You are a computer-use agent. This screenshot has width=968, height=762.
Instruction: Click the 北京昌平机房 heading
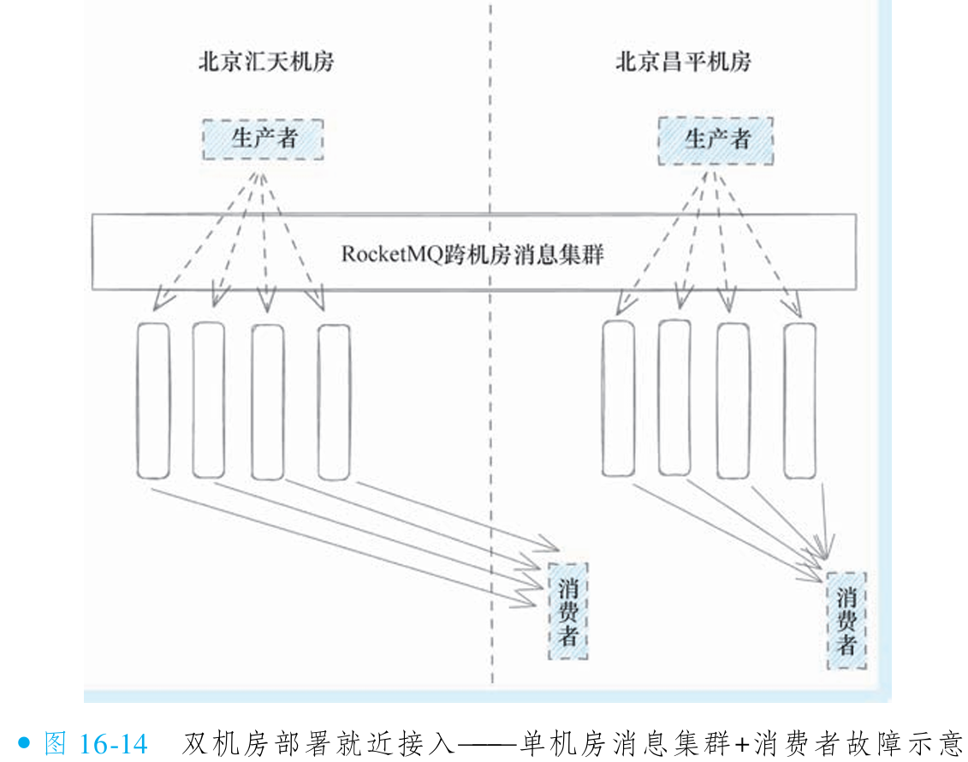(683, 63)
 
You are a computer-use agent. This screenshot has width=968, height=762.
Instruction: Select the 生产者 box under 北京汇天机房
(263, 139)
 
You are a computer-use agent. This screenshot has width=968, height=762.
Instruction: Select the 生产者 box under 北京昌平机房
(716, 140)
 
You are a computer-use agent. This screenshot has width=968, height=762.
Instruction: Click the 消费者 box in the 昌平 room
(846, 620)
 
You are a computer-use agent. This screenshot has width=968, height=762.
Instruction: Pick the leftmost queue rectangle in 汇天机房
(153, 401)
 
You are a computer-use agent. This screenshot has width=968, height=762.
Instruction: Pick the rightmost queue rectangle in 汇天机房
(334, 402)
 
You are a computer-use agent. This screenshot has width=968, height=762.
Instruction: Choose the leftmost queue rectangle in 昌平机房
(618, 398)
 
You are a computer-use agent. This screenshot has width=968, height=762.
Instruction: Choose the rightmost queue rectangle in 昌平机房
(799, 400)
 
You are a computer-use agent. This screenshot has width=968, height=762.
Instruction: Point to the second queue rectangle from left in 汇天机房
(209, 400)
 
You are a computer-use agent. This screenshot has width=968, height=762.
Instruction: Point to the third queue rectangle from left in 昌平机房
(733, 401)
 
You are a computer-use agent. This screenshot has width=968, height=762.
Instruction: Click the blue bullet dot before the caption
(25, 743)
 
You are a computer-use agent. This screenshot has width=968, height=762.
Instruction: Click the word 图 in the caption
(55, 743)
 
